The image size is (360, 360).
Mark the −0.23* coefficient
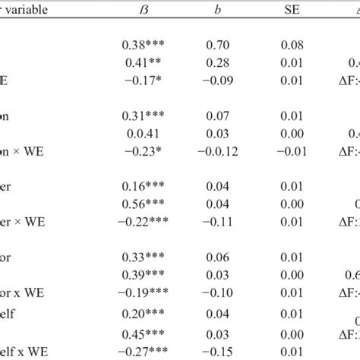[143, 150]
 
